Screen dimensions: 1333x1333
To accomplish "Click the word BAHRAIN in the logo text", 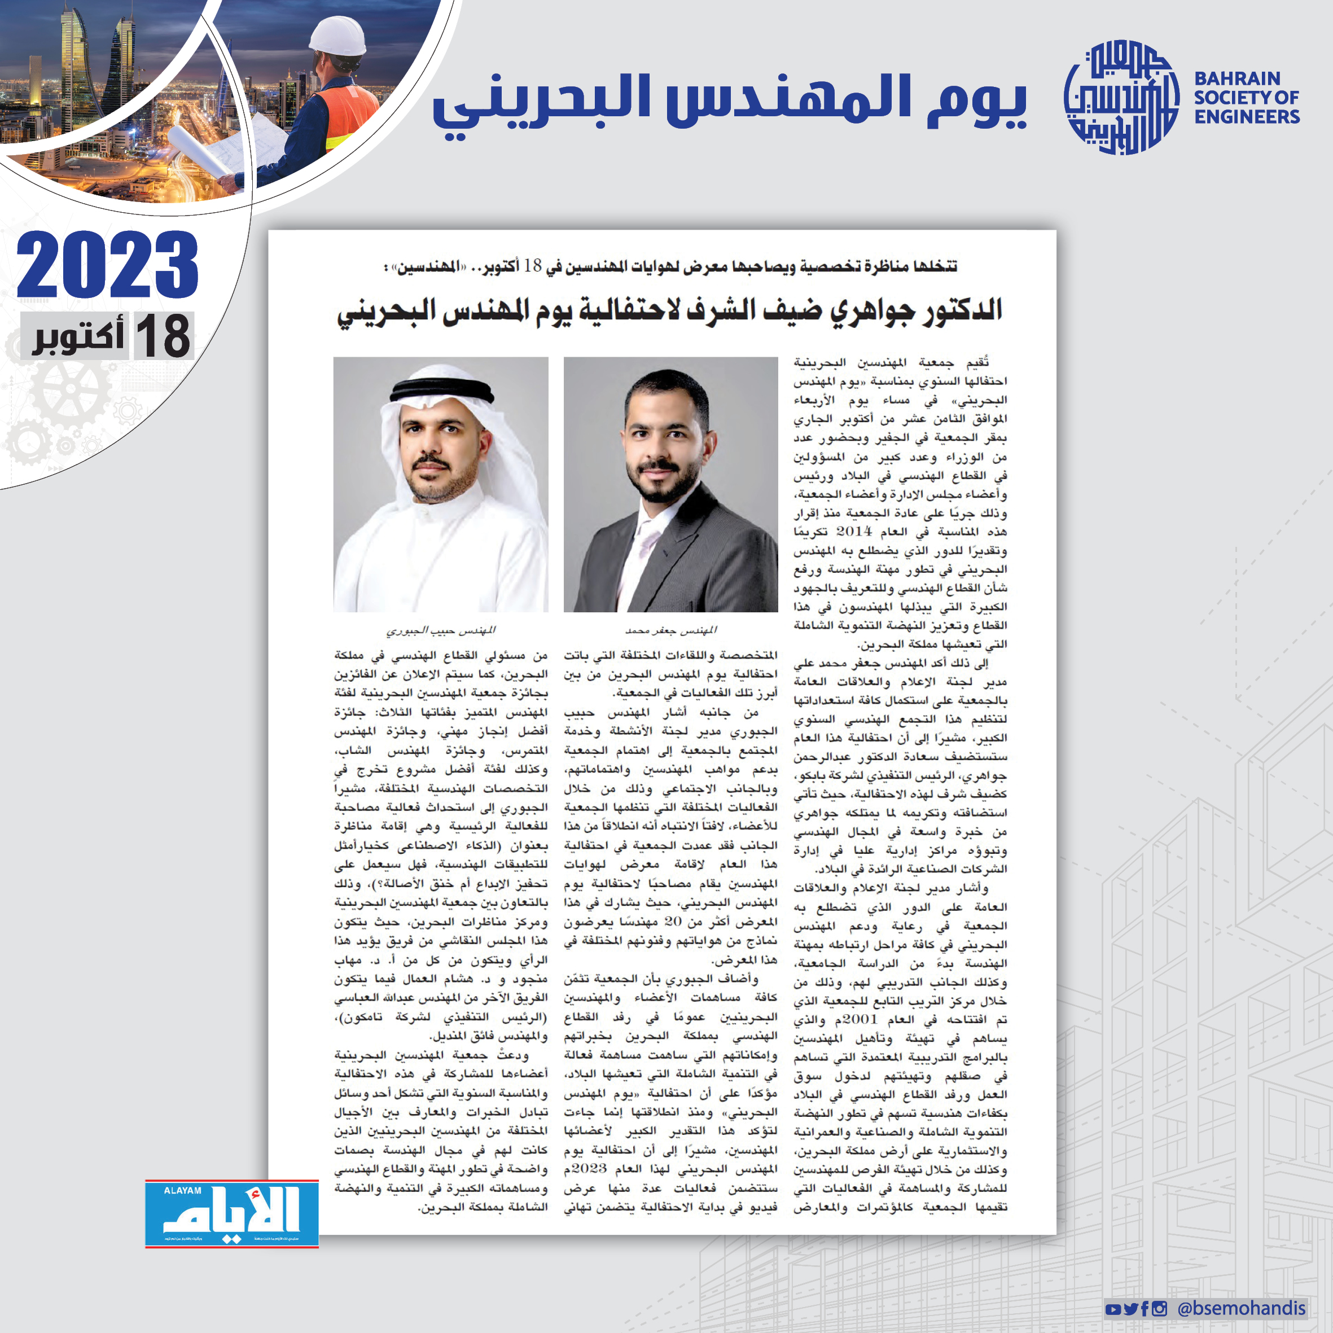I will (x=1237, y=78).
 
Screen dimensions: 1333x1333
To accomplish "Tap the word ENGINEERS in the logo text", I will (x=1247, y=117).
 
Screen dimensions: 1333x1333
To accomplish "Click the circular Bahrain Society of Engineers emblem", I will (x=1122, y=97).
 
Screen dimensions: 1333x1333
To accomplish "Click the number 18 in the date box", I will (x=163, y=336).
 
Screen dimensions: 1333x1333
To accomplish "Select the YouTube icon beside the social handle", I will (x=1112, y=1309).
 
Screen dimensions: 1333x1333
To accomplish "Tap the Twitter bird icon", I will (x=1130, y=1309).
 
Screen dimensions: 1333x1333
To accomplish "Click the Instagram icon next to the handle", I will (x=1160, y=1309).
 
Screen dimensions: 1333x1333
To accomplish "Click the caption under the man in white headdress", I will (x=440, y=630).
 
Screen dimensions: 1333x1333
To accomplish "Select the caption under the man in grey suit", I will (x=670, y=630).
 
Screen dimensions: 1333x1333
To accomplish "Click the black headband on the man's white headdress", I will (x=441, y=392).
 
